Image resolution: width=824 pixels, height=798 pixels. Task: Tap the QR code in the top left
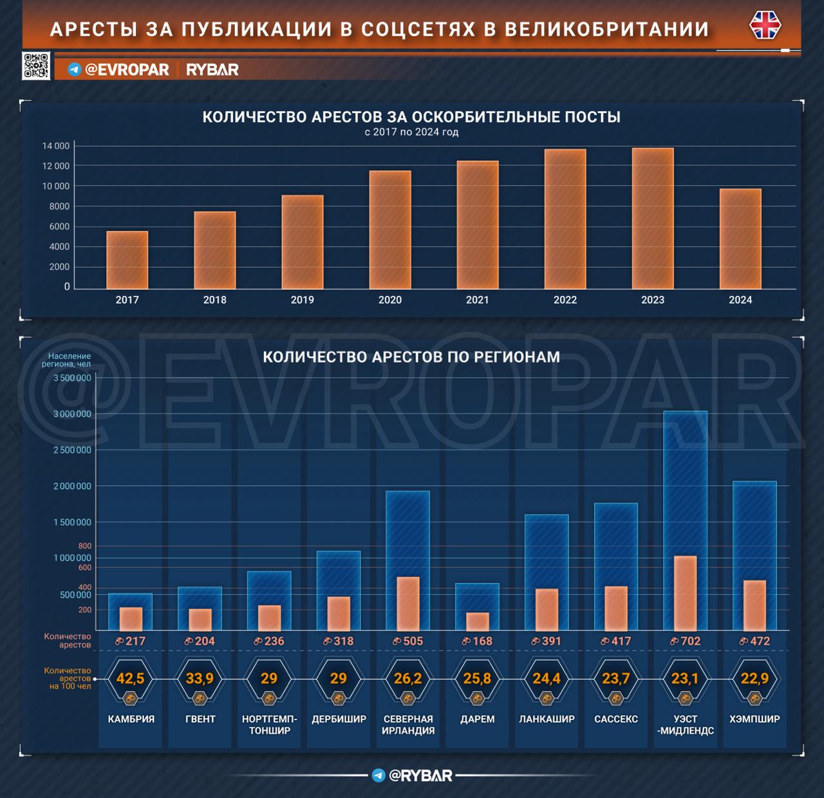coord(36,66)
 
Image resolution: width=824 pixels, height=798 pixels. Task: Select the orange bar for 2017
coord(127,260)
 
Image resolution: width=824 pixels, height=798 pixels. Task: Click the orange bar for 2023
coord(652,219)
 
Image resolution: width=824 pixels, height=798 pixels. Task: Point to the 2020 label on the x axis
coord(389,300)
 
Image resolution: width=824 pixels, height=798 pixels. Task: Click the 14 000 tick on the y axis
coord(56,146)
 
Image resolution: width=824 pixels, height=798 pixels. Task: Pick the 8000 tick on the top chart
coord(59,207)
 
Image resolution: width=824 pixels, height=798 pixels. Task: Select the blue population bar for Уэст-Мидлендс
coord(685,483)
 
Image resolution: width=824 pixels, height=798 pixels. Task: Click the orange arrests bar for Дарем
coord(478,622)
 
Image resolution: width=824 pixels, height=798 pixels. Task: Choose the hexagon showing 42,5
coord(130,679)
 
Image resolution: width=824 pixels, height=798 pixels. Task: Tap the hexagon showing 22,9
coord(754,679)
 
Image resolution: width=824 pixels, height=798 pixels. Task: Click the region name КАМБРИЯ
coord(131,719)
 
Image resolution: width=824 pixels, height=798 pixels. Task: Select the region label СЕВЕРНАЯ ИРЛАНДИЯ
coord(408,725)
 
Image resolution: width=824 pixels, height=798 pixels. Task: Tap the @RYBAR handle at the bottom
coord(420,775)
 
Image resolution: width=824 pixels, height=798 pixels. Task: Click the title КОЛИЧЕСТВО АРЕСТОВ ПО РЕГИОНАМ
coord(411,357)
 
